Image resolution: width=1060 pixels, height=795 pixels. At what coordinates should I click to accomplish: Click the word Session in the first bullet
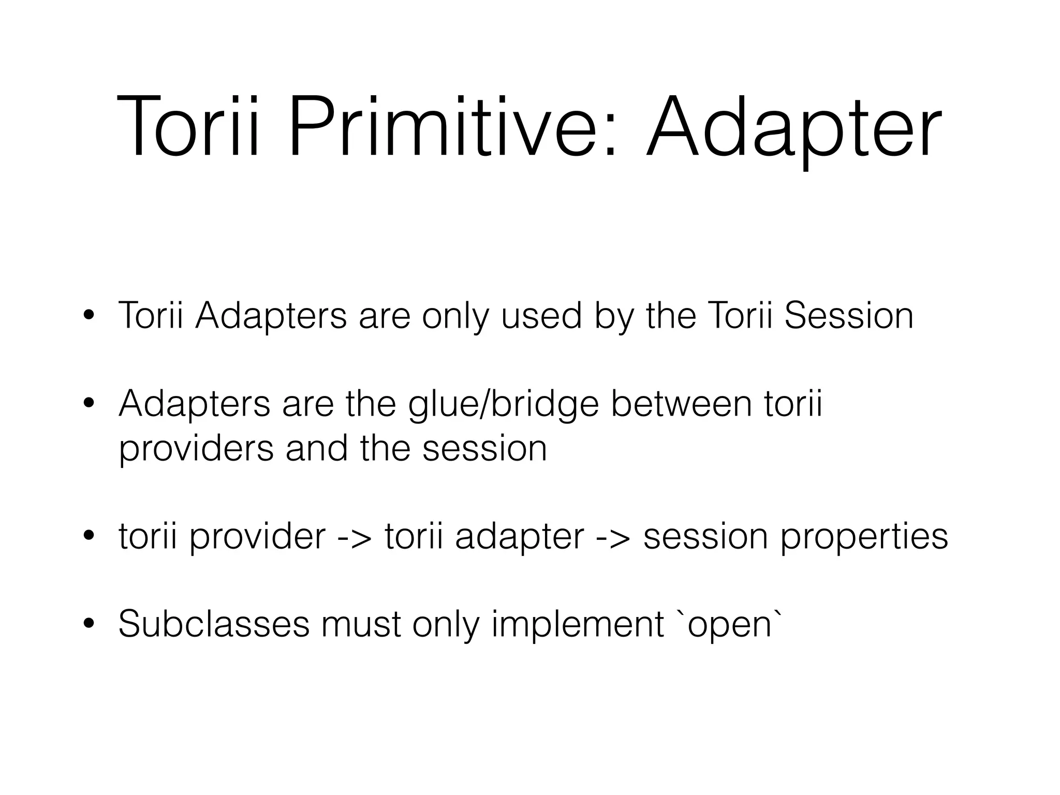pyautogui.click(x=849, y=316)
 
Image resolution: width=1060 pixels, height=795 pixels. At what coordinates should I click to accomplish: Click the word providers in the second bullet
pyautogui.click(x=196, y=449)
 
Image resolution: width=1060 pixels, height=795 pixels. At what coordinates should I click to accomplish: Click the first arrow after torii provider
pyautogui.click(x=355, y=537)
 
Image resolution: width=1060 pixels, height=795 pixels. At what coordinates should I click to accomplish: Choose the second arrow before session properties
pyautogui.click(x=613, y=537)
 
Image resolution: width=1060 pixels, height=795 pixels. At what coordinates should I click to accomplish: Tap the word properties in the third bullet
pyautogui.click(x=864, y=538)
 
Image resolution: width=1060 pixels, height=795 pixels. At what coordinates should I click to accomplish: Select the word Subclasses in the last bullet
pyautogui.click(x=214, y=624)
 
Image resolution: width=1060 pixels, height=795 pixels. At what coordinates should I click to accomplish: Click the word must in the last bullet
pyautogui.click(x=361, y=624)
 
